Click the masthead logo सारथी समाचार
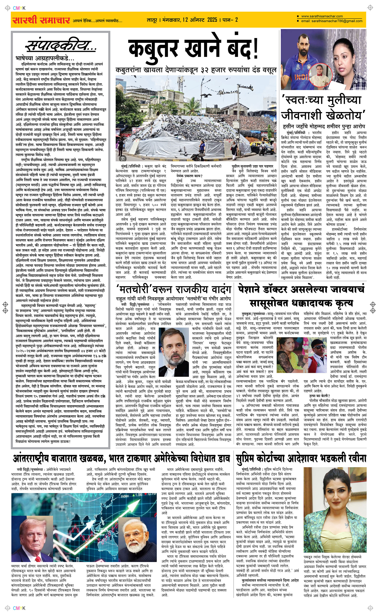pos(41,20)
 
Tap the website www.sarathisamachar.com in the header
pos(322,16)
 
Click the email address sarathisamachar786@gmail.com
pos(332,21)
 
